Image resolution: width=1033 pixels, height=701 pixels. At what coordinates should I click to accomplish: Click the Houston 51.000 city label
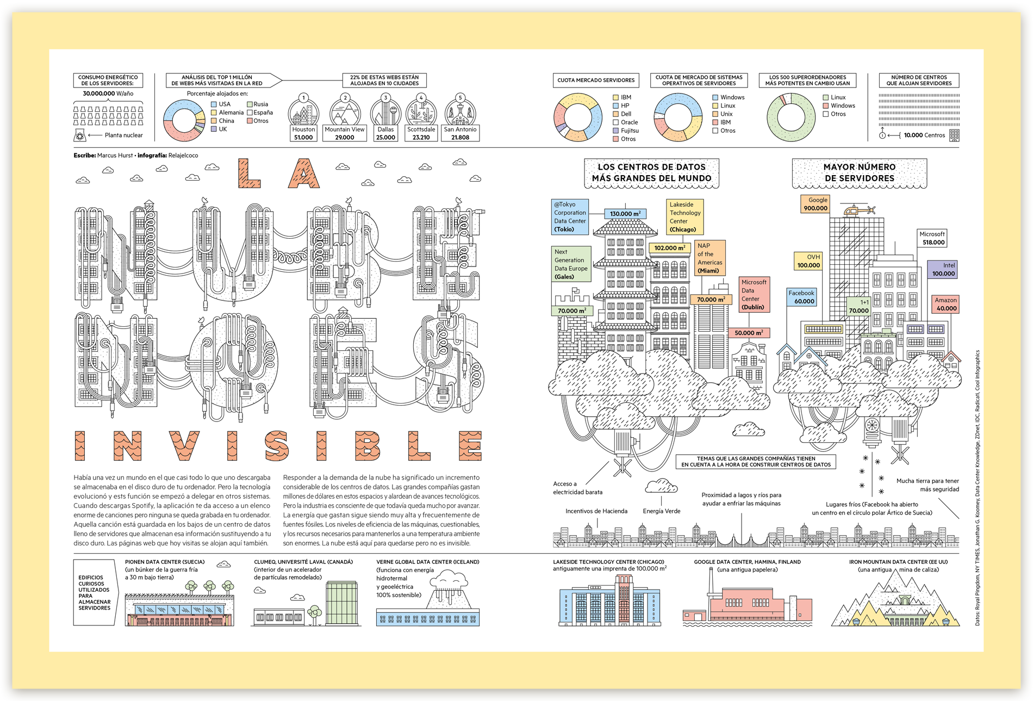click(x=303, y=133)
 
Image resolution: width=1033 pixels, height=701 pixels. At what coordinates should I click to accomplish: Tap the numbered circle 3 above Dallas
click(x=385, y=98)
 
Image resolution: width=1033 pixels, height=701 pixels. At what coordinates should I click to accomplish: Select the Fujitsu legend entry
click(x=626, y=131)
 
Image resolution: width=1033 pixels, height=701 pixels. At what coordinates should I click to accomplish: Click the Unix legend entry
click(x=723, y=114)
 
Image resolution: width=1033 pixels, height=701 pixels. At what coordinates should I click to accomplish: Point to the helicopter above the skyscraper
click(x=858, y=209)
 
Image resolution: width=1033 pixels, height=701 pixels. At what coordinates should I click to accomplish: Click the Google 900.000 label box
click(x=815, y=204)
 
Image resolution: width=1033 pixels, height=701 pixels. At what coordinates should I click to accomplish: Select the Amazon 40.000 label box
click(x=945, y=304)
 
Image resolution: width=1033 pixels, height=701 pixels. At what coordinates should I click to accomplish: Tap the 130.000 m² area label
click(x=625, y=214)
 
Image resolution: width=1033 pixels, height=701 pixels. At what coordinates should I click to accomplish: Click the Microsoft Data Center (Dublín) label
click(x=754, y=294)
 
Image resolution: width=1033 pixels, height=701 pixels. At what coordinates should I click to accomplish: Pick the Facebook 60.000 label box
click(x=801, y=297)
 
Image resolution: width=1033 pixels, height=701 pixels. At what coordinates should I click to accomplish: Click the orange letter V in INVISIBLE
click(x=184, y=446)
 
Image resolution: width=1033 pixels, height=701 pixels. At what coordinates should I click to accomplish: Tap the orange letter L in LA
click(x=249, y=173)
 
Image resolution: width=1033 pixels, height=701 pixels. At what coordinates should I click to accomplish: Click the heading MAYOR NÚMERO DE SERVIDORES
click(x=859, y=172)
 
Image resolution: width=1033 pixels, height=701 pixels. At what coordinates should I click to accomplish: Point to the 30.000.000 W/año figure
click(x=108, y=94)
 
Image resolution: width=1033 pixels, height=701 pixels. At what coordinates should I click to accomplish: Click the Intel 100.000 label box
click(x=943, y=269)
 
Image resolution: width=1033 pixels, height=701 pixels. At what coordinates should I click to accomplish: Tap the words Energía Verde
click(x=661, y=511)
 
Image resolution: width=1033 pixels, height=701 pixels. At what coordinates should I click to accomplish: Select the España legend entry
click(x=260, y=113)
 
